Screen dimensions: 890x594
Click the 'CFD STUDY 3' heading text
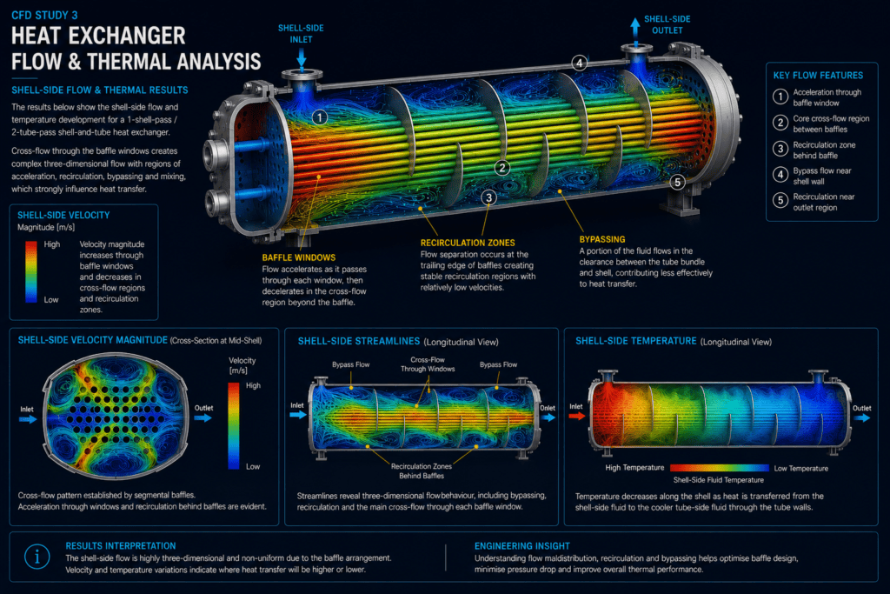[x=44, y=16]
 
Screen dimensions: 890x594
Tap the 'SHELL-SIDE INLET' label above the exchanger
[x=301, y=34]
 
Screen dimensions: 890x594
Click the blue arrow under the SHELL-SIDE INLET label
[x=302, y=58]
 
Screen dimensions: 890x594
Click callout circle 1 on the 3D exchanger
[x=320, y=117]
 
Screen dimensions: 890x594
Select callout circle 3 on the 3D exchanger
[x=488, y=197]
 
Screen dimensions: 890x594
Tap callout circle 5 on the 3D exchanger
[x=677, y=183]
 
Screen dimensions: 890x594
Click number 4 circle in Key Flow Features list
[x=780, y=174]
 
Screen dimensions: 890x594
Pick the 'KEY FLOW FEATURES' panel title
[x=818, y=76]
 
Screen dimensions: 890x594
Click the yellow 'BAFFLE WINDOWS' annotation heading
[x=299, y=257]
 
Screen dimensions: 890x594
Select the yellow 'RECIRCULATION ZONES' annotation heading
[x=468, y=243]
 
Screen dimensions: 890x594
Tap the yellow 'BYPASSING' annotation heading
[x=602, y=239]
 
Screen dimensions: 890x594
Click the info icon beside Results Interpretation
[x=37, y=557]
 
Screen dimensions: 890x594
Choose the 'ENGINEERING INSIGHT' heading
[x=522, y=545]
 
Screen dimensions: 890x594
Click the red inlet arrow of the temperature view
[x=577, y=417]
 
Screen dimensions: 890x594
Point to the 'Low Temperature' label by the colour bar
[x=800, y=469]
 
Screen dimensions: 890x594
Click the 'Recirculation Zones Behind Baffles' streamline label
[x=422, y=471]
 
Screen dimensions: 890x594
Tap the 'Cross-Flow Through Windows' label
[x=428, y=364]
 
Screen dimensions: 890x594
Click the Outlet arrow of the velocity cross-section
[x=203, y=418]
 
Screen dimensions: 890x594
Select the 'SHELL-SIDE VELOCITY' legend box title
[x=63, y=215]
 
